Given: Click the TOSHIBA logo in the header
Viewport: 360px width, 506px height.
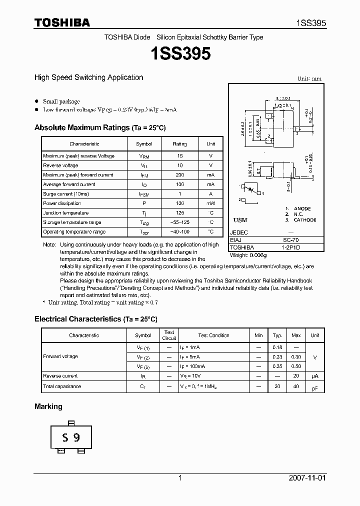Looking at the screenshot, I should (62, 22).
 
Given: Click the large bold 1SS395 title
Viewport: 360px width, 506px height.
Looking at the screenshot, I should (179, 53).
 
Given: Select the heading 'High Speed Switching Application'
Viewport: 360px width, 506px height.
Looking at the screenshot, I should (88, 77).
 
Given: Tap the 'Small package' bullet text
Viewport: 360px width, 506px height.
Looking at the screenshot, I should (61, 101).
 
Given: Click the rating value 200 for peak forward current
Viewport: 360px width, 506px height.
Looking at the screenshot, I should (179, 175).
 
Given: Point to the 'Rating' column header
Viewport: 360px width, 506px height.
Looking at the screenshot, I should (179, 144).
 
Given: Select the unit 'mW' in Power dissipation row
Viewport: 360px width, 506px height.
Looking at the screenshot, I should (210, 203).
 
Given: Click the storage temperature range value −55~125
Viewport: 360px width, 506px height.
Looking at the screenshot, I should (179, 222).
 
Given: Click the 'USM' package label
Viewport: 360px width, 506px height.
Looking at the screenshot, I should (240, 220).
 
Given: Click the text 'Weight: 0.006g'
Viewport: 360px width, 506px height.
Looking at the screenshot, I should (248, 255).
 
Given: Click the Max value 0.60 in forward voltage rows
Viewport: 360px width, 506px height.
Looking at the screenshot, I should (296, 366).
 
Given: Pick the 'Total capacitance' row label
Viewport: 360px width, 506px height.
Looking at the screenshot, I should (62, 386).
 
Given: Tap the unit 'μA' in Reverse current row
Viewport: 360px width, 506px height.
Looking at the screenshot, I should (315, 376).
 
